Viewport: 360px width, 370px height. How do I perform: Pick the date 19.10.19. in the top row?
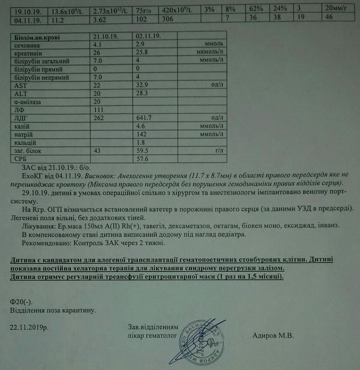click(x=27, y=9)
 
